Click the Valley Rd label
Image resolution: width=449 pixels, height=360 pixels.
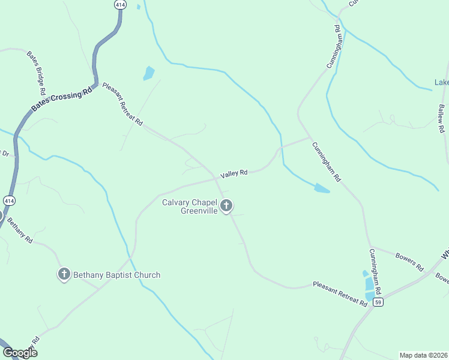(234, 173)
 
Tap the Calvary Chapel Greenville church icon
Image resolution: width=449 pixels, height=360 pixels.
(227, 206)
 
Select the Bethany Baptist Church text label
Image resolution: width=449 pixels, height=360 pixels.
(117, 275)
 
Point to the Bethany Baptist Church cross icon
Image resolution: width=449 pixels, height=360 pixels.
(64, 275)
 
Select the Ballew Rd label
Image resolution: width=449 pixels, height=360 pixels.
(442, 118)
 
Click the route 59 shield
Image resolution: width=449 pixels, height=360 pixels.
(378, 302)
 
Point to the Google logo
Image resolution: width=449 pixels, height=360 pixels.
(20, 353)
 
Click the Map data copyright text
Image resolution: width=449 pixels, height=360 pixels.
(423, 355)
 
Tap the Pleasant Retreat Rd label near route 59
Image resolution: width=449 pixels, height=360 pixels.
(340, 294)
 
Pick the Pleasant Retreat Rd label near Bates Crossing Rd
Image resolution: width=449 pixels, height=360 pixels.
(122, 104)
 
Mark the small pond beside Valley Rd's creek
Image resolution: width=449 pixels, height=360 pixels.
(322, 189)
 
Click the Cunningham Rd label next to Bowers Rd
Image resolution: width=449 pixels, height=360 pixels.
(375, 271)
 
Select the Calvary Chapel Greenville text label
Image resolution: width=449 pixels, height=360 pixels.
(189, 206)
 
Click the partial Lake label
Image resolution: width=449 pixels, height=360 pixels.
(441, 82)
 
